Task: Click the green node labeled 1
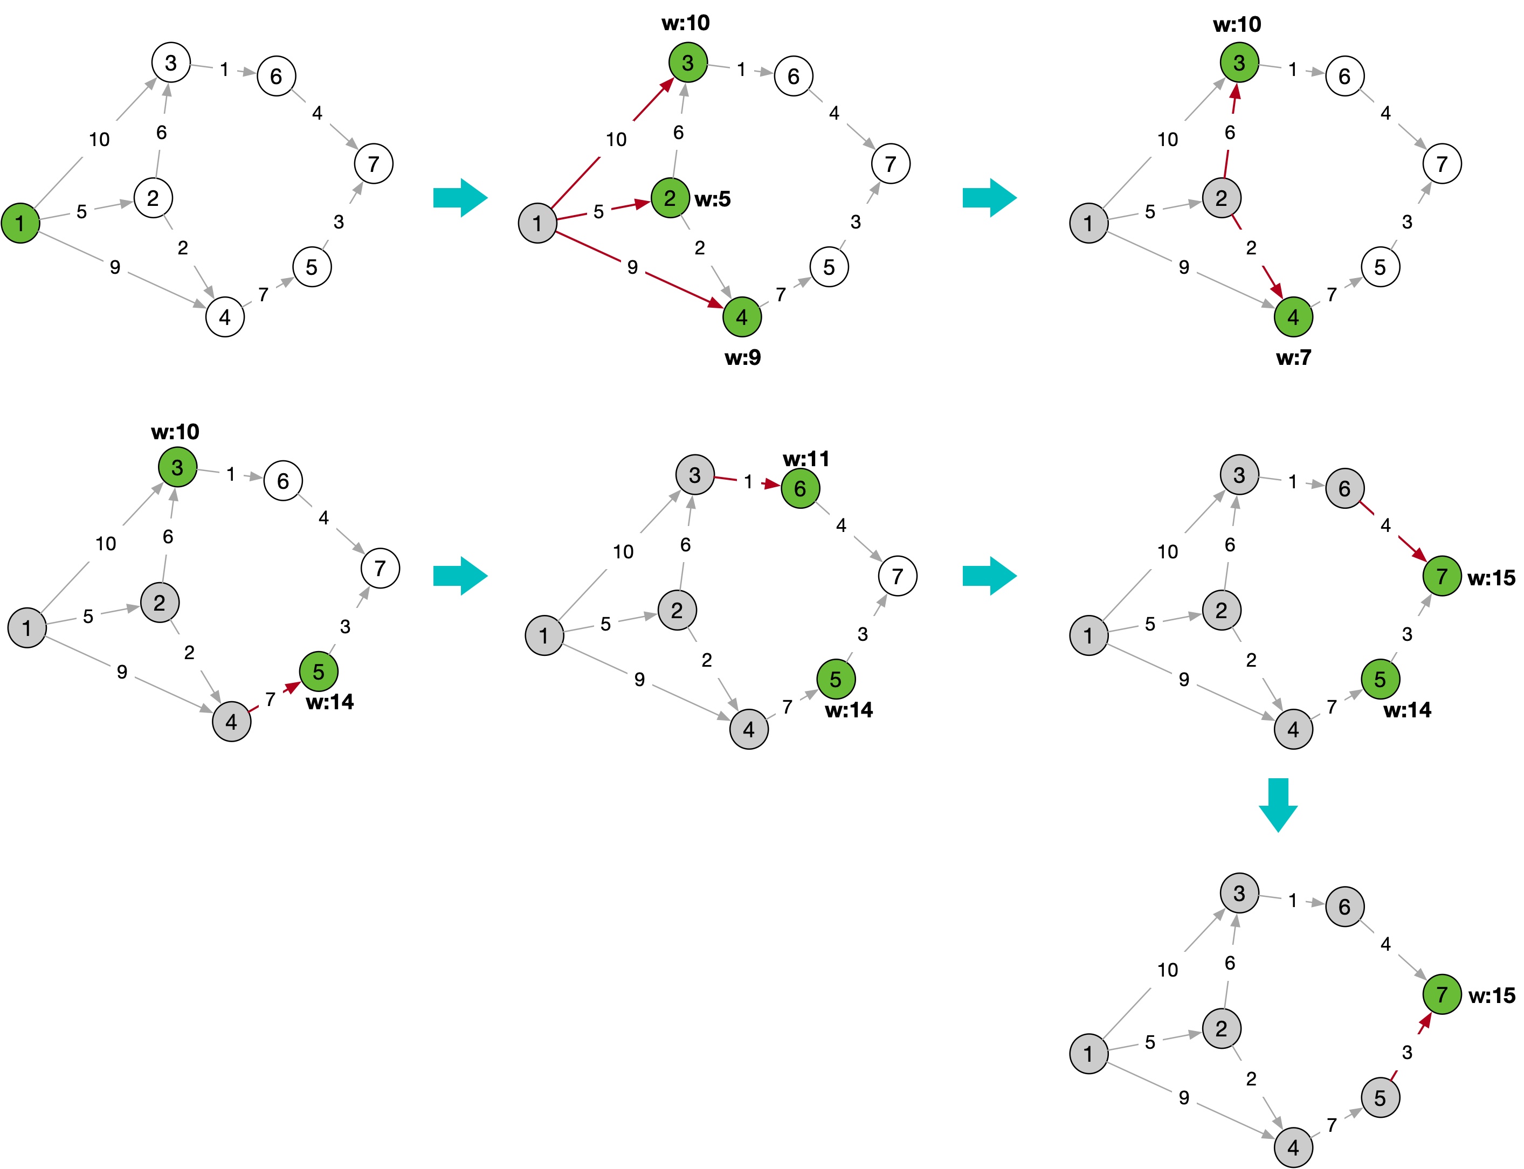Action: click(20, 223)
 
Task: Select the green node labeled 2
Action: click(670, 198)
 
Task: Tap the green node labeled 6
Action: click(800, 488)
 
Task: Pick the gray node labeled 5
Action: click(1380, 1097)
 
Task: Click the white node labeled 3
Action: click(170, 63)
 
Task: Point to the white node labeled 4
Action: click(225, 317)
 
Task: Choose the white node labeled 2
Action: click(153, 198)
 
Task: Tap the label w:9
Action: click(742, 358)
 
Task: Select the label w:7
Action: click(1294, 358)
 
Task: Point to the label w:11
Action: click(806, 459)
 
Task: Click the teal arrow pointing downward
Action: click(1278, 805)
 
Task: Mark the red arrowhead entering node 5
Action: click(292, 688)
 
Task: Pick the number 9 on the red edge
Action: click(632, 267)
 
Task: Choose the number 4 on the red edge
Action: click(1385, 525)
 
